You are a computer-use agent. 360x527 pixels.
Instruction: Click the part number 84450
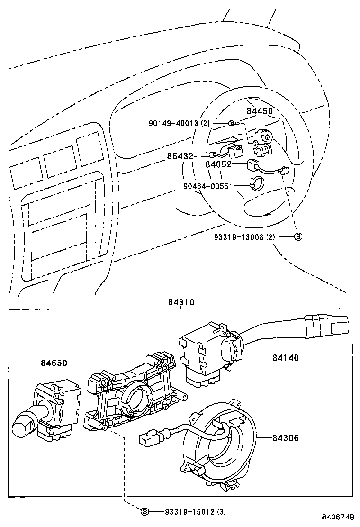tap(259, 111)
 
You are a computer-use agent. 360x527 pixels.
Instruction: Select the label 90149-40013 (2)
tap(179, 123)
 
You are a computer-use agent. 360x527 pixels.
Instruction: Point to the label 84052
tap(218, 164)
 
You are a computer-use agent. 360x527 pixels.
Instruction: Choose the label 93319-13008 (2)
tap(251, 236)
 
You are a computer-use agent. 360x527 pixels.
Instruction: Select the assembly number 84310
tap(180, 302)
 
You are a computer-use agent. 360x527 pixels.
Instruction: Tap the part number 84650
tap(54, 363)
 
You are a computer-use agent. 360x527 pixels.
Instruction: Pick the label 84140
tap(285, 358)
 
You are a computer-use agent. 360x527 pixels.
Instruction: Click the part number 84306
tap(285, 438)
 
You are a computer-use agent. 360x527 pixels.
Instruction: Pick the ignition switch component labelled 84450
tap(262, 137)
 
